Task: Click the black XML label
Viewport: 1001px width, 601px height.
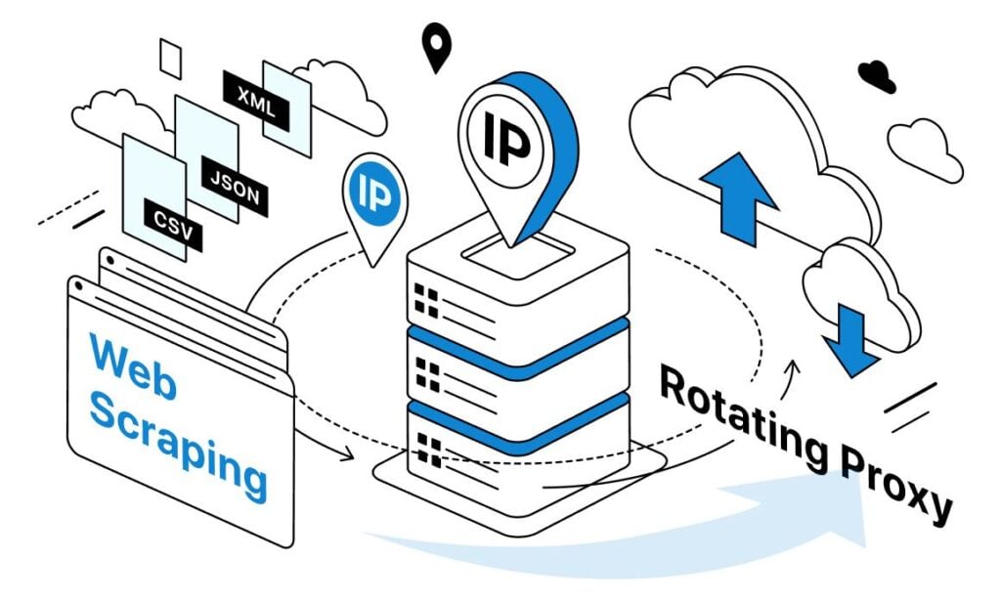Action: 256,101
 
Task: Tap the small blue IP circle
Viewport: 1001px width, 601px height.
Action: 374,193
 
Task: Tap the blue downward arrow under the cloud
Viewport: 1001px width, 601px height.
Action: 850,340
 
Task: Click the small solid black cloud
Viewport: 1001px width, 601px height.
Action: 877,76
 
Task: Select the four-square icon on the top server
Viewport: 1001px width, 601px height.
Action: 426,301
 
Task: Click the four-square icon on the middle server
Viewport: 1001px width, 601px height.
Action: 427,374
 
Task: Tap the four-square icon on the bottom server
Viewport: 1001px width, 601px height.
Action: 428,450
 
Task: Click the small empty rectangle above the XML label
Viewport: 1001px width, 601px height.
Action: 170,59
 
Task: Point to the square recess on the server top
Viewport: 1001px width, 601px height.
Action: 518,254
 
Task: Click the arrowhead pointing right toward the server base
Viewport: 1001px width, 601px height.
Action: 347,454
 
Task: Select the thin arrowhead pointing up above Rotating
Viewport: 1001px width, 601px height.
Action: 794,367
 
